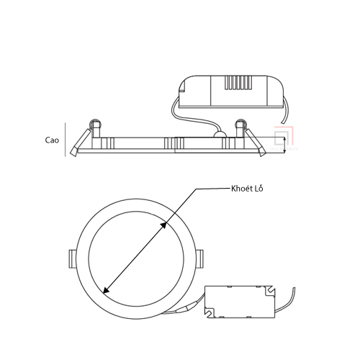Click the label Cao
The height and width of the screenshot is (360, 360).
click(x=52, y=140)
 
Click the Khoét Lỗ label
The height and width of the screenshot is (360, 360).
click(x=247, y=189)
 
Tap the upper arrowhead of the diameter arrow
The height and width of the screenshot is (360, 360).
click(x=163, y=225)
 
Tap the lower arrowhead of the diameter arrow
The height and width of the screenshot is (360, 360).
click(x=106, y=290)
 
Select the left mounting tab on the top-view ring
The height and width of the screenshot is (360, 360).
click(x=73, y=259)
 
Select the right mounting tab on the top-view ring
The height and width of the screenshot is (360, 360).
click(x=199, y=259)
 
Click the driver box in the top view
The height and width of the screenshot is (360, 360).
click(x=240, y=302)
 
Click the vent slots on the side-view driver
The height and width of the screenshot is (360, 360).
click(x=238, y=83)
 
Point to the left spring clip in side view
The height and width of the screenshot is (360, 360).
click(x=81, y=143)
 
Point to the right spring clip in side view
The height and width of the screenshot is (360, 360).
click(x=255, y=143)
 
